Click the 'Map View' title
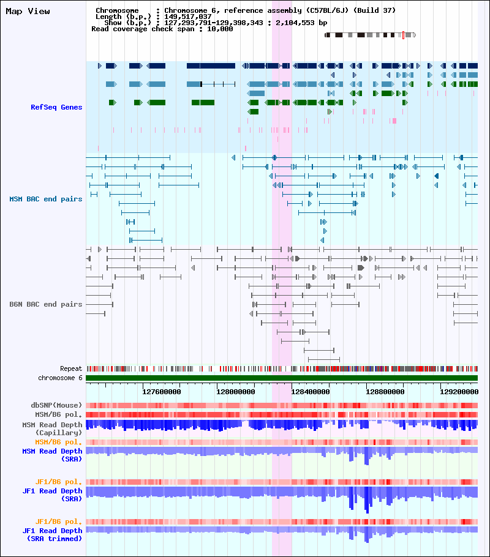click(x=28, y=12)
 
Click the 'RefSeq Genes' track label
click(x=56, y=107)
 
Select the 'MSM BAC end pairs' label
click(x=45, y=199)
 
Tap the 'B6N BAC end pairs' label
click(x=45, y=304)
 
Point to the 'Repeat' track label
click(x=71, y=368)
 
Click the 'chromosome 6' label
click(x=60, y=378)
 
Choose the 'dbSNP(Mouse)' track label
click(x=56, y=405)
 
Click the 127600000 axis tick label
click(x=162, y=392)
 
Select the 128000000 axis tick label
click(x=235, y=392)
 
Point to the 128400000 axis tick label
click(x=310, y=392)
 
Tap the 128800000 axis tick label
click(x=385, y=392)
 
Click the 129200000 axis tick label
click(x=459, y=392)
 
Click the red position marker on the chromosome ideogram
click(x=403, y=35)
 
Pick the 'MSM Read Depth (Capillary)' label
click(x=52, y=428)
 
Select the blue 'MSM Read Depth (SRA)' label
click(x=52, y=455)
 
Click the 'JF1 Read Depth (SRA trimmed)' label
click(x=52, y=534)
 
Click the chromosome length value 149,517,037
click(x=188, y=17)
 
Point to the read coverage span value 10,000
click(x=220, y=29)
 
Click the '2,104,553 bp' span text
click(x=301, y=23)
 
